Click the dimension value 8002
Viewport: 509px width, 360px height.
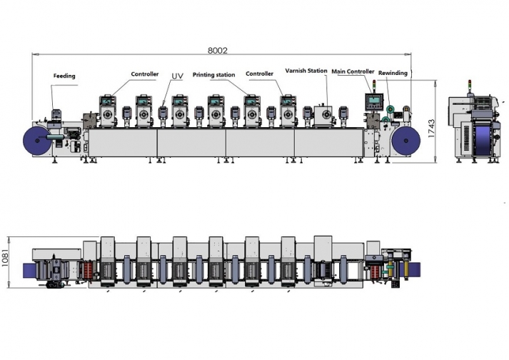pyautogui.click(x=217, y=50)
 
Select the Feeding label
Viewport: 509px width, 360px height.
pyautogui.click(x=64, y=76)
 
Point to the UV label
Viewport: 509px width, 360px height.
pyautogui.click(x=177, y=75)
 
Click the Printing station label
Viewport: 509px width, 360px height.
pyautogui.click(x=213, y=75)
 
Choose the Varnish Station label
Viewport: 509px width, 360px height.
pyautogui.click(x=306, y=71)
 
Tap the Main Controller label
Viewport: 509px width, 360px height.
pyautogui.click(x=353, y=71)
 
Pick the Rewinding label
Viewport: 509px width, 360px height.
pyautogui.click(x=393, y=73)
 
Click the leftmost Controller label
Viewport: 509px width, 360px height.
pyautogui.click(x=144, y=74)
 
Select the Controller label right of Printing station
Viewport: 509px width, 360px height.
pyautogui.click(x=260, y=74)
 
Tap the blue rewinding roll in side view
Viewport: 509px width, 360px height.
pyautogui.click(x=404, y=141)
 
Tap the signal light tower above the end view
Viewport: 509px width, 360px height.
pyautogui.click(x=470, y=88)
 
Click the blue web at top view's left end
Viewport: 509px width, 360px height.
pyautogui.click(x=29, y=269)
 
